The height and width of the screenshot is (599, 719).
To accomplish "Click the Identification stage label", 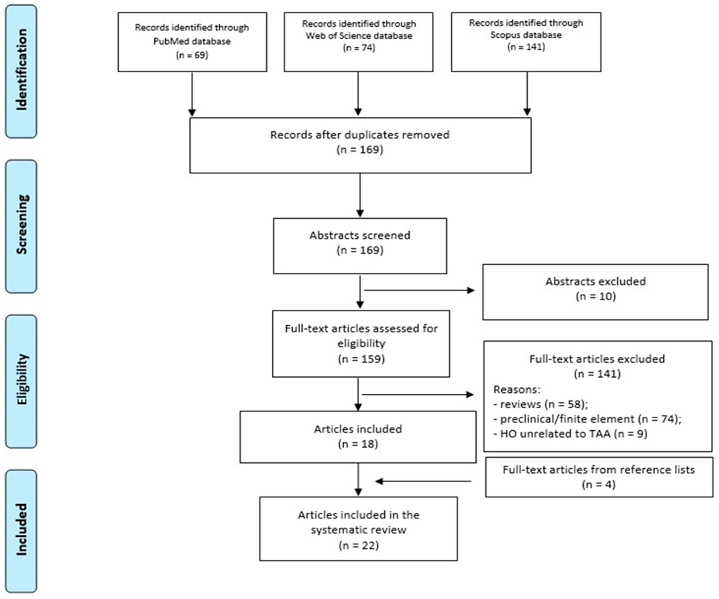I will click(x=21, y=70).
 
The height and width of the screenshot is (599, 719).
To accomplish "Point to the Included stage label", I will click(x=21, y=530).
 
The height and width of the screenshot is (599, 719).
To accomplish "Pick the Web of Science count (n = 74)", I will click(x=359, y=48).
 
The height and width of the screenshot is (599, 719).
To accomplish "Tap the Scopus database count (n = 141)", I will click(x=526, y=46).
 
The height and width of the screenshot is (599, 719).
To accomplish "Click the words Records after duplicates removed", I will click(x=359, y=135).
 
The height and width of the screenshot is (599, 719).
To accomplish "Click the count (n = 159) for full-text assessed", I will click(x=361, y=359).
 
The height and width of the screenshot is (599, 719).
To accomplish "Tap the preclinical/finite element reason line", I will click(x=587, y=419).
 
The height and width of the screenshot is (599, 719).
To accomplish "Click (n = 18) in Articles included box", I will click(x=358, y=444).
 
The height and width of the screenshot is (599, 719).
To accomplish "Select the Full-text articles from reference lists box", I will click(x=599, y=477).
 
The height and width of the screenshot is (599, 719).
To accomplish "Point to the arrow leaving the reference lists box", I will click(x=423, y=481).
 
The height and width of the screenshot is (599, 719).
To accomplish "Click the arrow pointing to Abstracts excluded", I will click(x=419, y=291).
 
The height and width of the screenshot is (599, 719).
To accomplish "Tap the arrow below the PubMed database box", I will click(x=192, y=94).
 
